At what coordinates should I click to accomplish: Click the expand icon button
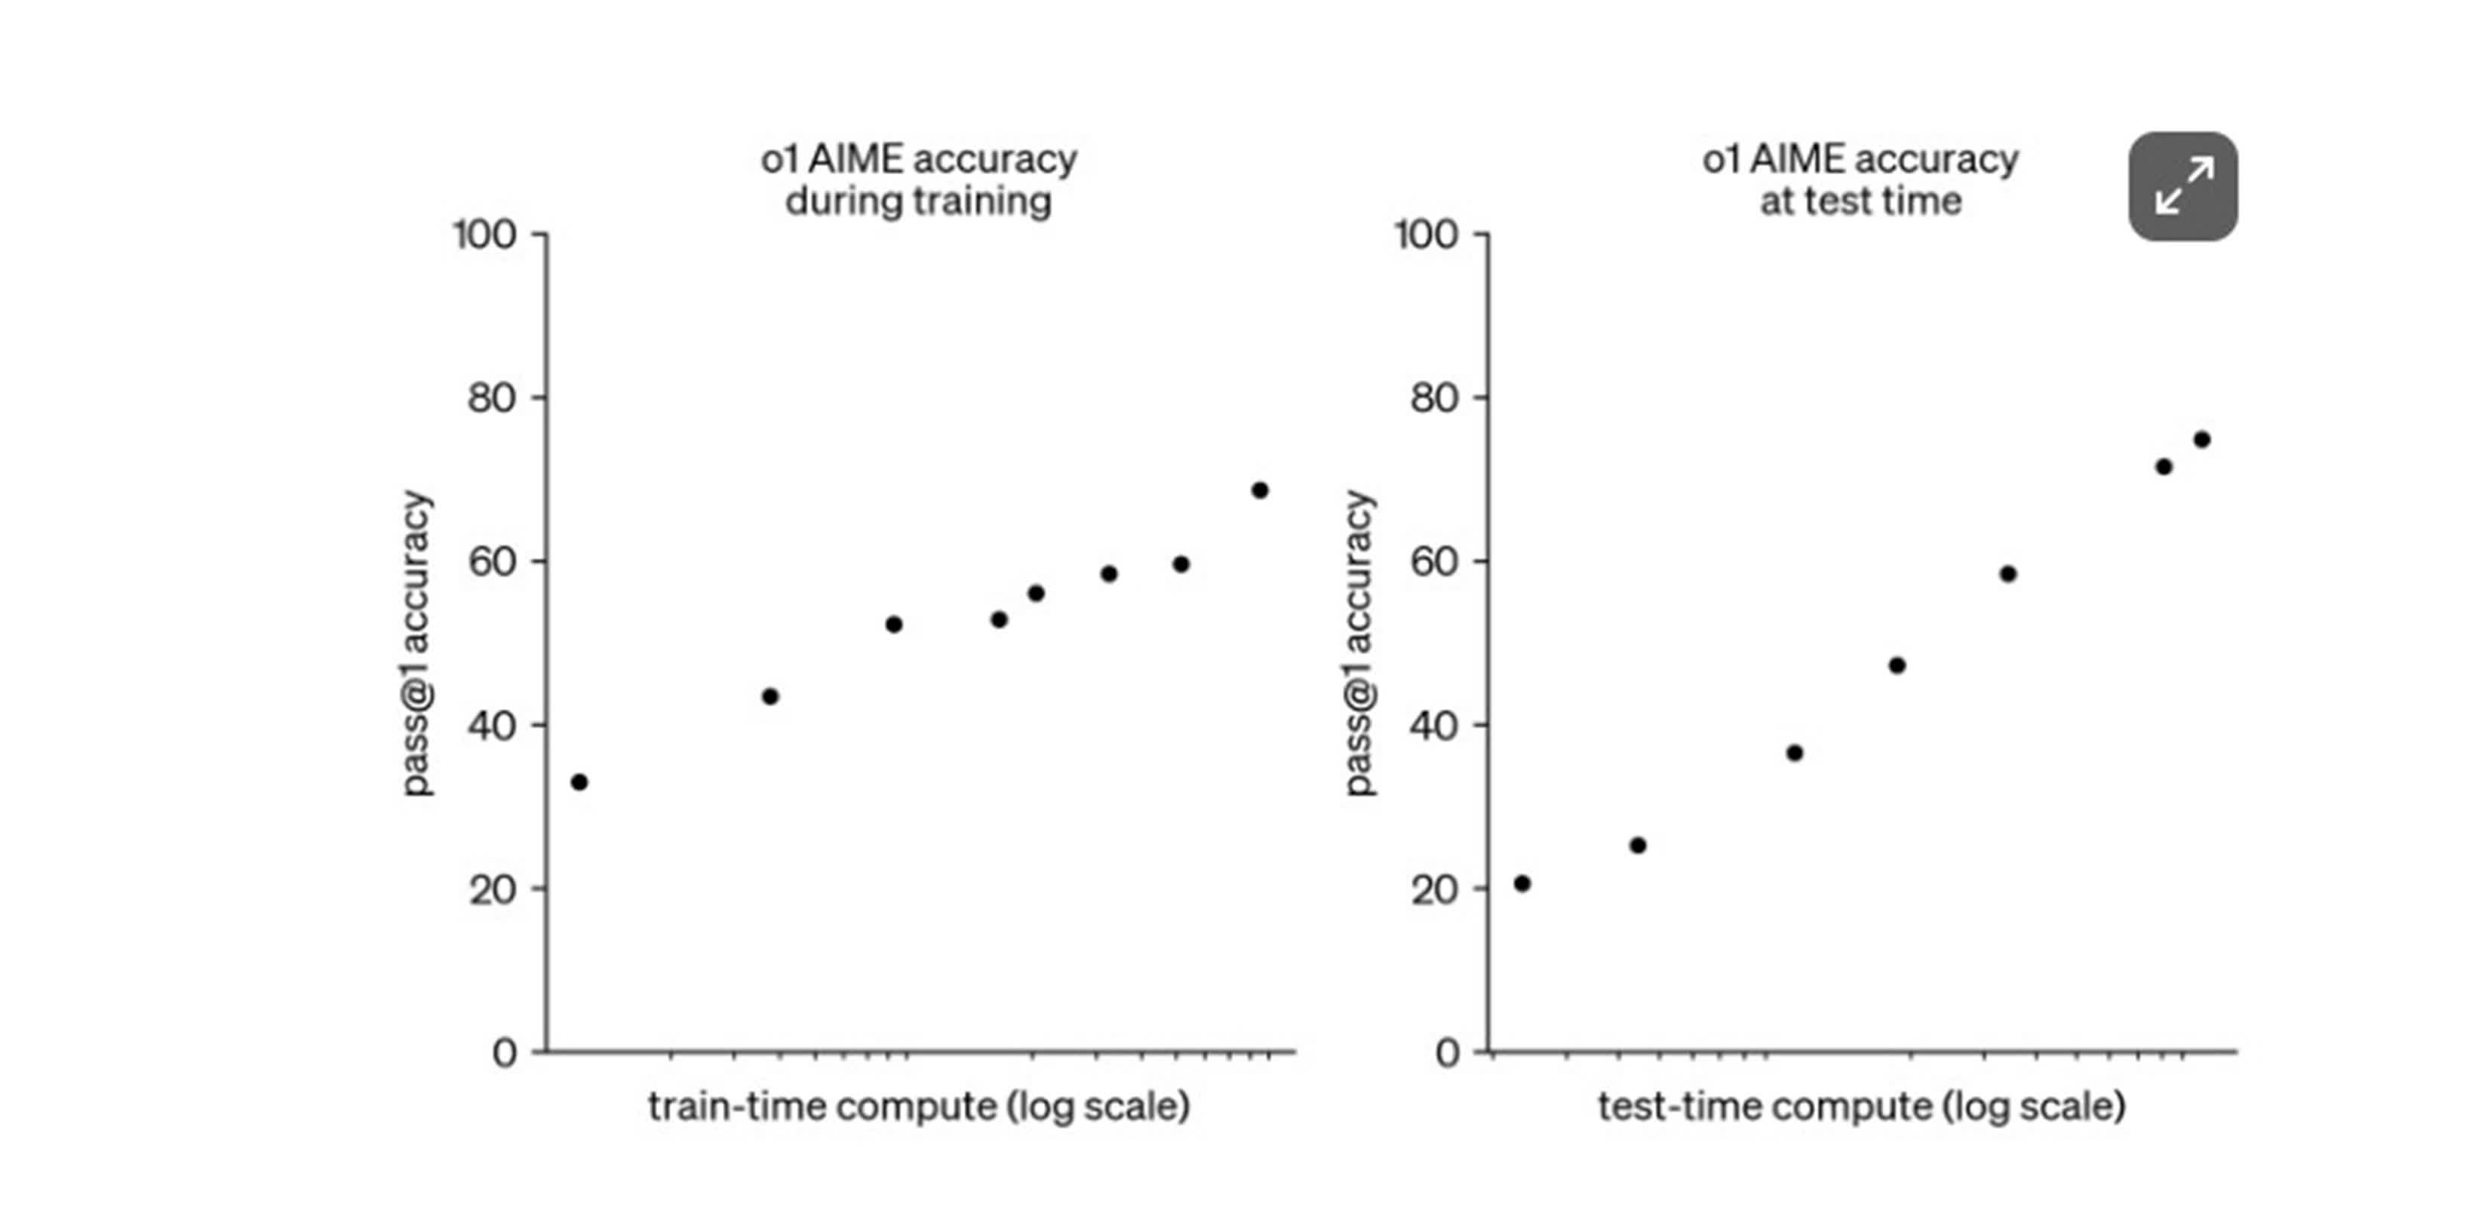pos(2182,186)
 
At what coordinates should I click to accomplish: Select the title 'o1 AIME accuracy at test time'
pos(1860,180)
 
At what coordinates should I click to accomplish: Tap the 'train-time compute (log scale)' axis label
pos(919,1106)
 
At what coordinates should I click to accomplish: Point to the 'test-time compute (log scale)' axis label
pos(1861,1106)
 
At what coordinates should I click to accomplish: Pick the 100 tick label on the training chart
pos(485,235)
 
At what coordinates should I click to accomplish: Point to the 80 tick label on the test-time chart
pos(1433,398)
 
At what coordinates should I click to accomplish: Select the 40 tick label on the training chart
pos(492,725)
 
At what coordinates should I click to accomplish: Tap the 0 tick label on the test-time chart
pos(1447,1052)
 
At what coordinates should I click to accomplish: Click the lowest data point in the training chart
pos(579,782)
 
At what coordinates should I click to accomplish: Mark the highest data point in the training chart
pos(1259,490)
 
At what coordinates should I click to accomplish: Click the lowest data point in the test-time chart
pos(1522,883)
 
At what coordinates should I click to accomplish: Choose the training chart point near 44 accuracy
pos(769,696)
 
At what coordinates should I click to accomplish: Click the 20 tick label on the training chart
pos(492,889)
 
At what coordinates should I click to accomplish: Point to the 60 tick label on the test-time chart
pos(1433,562)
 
